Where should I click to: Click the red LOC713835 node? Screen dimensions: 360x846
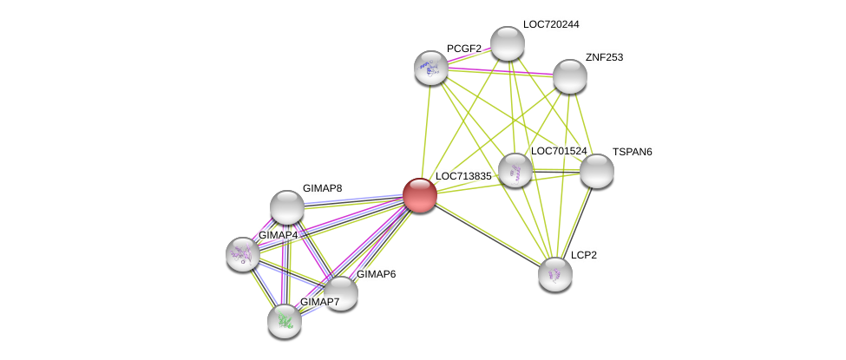click(419, 195)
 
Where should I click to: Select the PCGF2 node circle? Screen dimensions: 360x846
click(430, 68)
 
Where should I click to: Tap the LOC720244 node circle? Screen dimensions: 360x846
click(508, 43)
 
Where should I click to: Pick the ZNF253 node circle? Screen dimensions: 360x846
click(569, 76)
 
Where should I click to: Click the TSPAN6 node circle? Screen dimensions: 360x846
click(596, 171)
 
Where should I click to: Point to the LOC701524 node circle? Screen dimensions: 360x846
click(515, 170)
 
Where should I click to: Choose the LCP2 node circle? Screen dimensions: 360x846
click(554, 274)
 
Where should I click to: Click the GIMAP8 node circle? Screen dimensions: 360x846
click(286, 207)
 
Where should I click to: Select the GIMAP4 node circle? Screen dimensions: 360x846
click(242, 253)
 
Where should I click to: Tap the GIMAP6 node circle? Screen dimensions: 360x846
click(340, 293)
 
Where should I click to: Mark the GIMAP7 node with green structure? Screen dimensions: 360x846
click(284, 321)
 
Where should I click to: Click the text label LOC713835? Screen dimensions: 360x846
click(463, 176)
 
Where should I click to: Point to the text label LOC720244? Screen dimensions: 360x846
click(550, 24)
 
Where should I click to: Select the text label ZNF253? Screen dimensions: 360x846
click(604, 57)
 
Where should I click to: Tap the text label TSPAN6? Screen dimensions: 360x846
click(632, 152)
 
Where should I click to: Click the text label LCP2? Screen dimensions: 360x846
click(583, 255)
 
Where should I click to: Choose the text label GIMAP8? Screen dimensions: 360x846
click(322, 188)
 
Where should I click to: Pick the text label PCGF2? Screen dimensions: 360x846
click(464, 49)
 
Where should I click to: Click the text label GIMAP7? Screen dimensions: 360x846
click(319, 302)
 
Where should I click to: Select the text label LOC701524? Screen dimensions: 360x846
click(559, 151)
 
